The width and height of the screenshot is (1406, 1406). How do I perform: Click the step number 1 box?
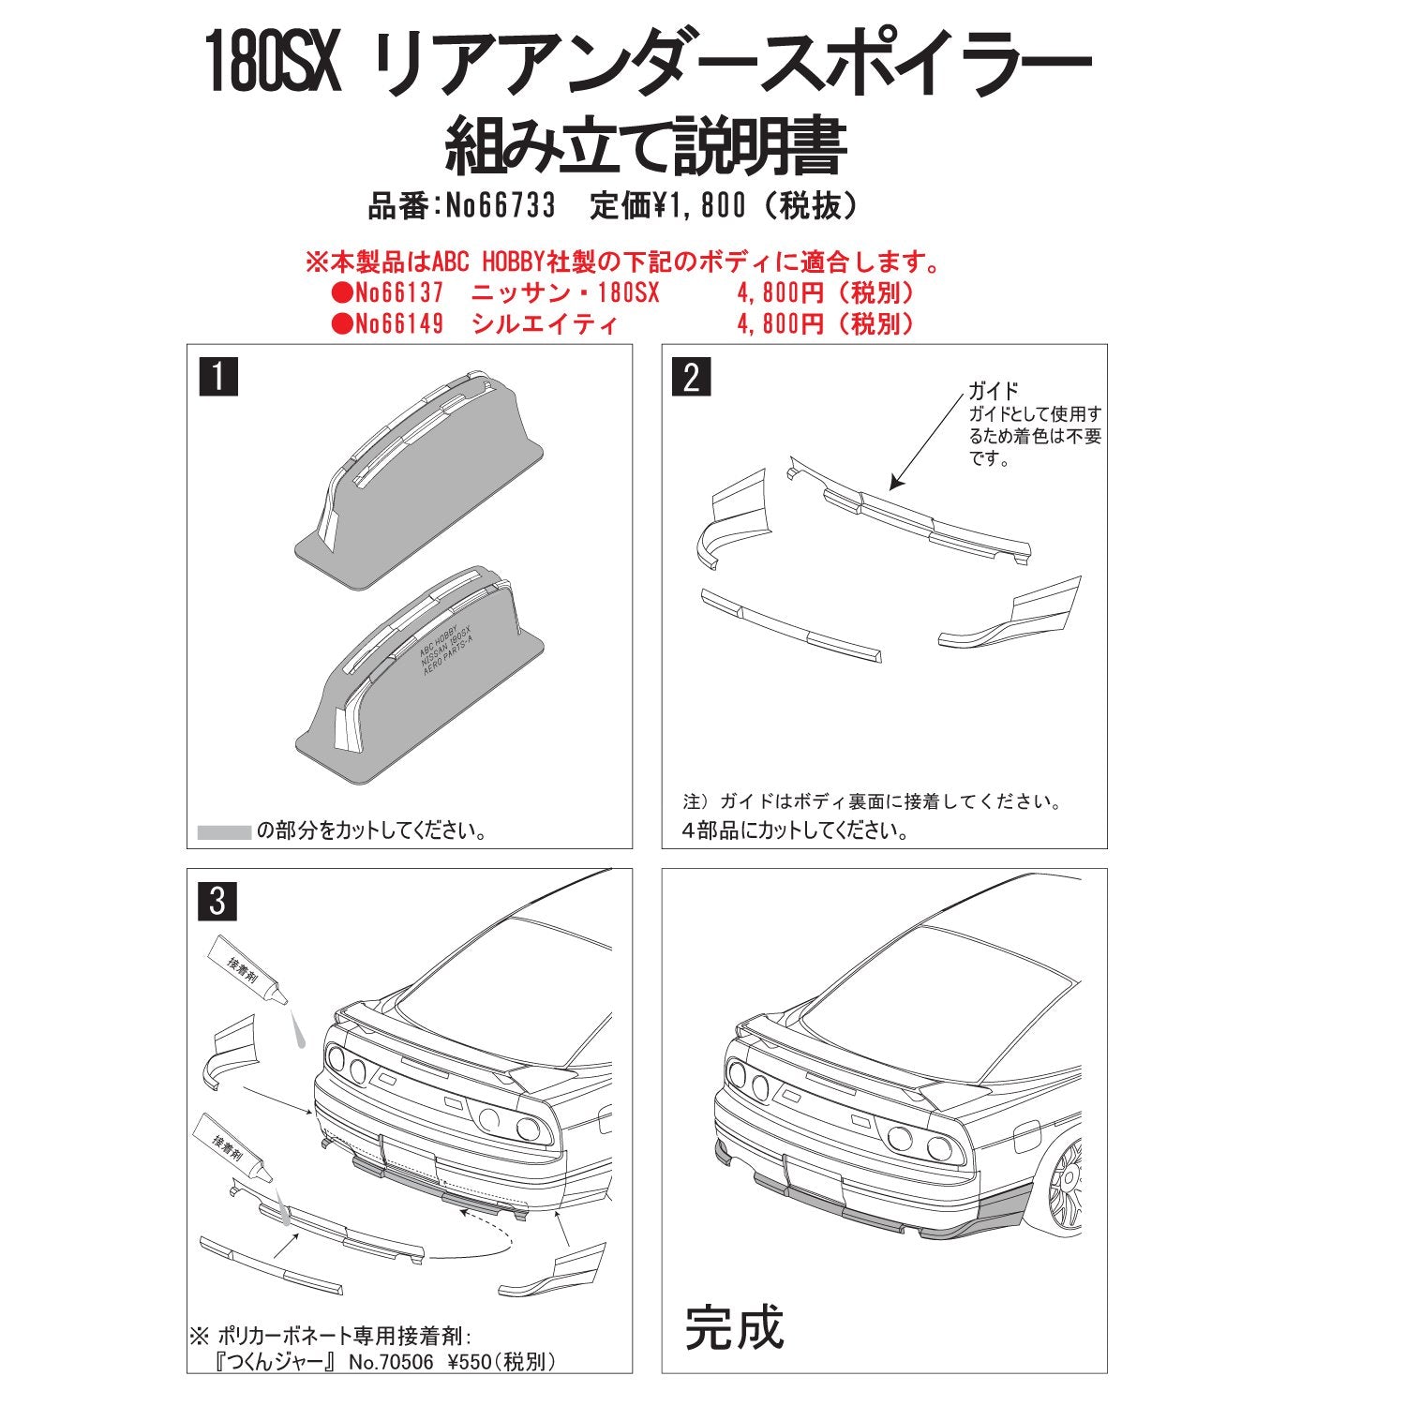[x=218, y=378]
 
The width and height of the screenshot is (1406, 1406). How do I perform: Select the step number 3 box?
[x=218, y=902]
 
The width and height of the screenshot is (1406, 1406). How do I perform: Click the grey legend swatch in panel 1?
[x=224, y=831]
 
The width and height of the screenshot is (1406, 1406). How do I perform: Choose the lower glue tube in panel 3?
[x=232, y=1149]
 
